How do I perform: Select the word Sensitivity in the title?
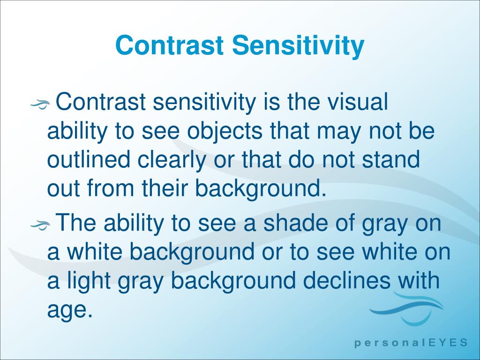point(298,46)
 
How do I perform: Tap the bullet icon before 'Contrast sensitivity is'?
point(40,105)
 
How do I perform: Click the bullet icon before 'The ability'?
point(40,225)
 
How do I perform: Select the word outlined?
point(89,160)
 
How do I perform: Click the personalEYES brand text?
point(410,343)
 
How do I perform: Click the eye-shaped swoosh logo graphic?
point(406,309)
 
